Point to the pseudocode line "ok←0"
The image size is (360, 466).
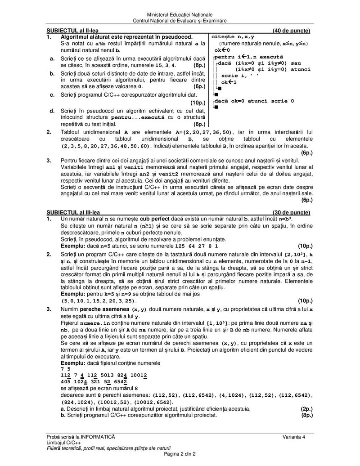click(x=222, y=50)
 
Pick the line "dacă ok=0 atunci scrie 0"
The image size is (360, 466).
click(x=254, y=101)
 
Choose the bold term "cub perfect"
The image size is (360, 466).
click(x=155, y=218)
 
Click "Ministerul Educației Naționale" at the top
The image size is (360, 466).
click(x=180, y=15)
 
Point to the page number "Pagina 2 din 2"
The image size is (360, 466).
click(x=180, y=454)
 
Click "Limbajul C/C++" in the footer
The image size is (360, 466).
click(x=65, y=443)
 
